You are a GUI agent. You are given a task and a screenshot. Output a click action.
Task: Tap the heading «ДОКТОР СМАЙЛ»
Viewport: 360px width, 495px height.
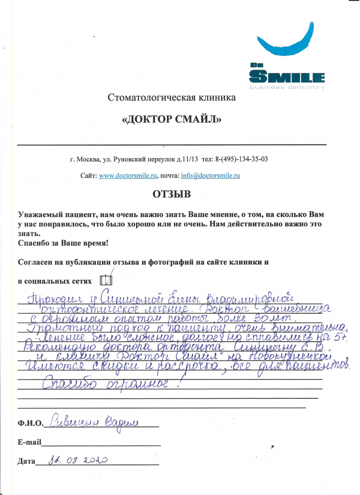point(171,120)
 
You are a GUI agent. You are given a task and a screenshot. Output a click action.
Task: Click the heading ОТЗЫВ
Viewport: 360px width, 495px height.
point(172,194)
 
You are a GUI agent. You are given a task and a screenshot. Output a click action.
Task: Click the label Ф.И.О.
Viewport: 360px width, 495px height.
point(30,424)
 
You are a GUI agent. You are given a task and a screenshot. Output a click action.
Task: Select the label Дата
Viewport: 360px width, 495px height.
point(26,461)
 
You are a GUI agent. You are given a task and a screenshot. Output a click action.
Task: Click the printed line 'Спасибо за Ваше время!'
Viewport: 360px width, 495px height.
point(63,243)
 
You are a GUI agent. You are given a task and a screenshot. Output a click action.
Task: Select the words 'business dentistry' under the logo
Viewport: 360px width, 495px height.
point(287,87)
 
